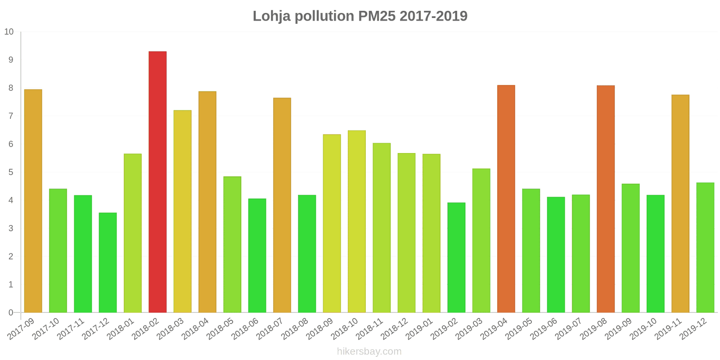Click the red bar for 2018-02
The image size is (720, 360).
pyautogui.click(x=157, y=182)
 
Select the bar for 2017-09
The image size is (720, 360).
pyautogui.click(x=33, y=201)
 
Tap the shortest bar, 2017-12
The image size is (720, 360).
pyautogui.click(x=108, y=262)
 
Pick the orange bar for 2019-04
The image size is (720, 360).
pyautogui.click(x=506, y=198)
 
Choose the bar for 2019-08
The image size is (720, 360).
pyautogui.click(x=605, y=198)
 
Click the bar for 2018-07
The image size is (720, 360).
pyautogui.click(x=282, y=205)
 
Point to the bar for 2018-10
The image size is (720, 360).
pyautogui.click(x=356, y=221)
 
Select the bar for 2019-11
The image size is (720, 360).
pyautogui.click(x=680, y=203)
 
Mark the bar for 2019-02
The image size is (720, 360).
pyautogui.click(x=456, y=257)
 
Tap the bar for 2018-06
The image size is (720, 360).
pyautogui.click(x=257, y=255)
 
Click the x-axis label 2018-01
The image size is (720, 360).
pyautogui.click(x=121, y=329)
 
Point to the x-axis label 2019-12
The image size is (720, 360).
pyautogui.click(x=693, y=329)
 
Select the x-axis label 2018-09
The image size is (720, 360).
pyautogui.click(x=320, y=329)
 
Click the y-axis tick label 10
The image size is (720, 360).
pyautogui.click(x=9, y=32)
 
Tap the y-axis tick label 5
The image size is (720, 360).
pyautogui.click(x=11, y=172)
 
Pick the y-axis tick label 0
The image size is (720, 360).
pyautogui.click(x=11, y=313)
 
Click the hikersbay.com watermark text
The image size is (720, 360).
pyautogui.click(x=369, y=351)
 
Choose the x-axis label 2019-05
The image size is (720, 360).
pyautogui.click(x=519, y=329)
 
